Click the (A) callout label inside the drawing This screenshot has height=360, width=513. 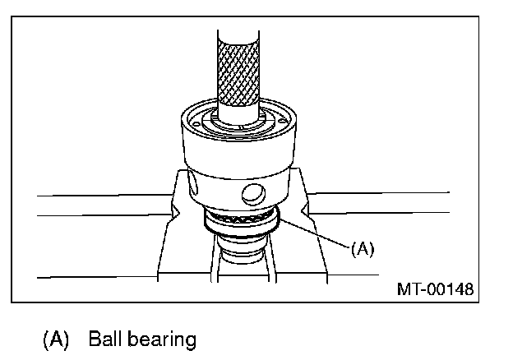[362, 248]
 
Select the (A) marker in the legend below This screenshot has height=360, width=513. [56, 338]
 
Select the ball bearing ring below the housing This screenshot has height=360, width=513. [241, 224]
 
